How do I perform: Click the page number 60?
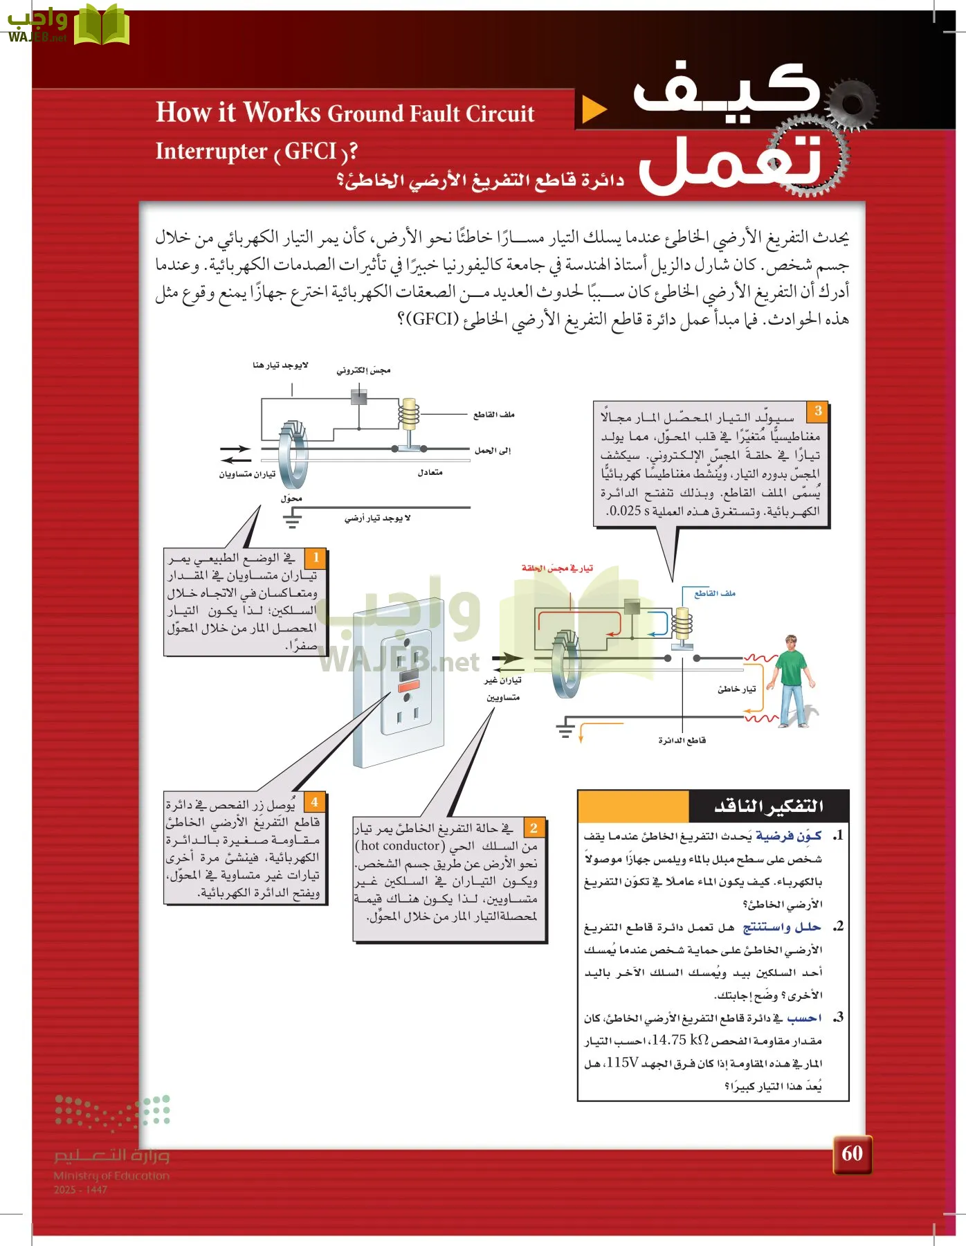(852, 1153)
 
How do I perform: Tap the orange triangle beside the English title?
(594, 109)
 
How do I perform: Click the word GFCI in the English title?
(310, 151)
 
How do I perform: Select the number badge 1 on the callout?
(316, 557)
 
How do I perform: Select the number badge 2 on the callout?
(534, 827)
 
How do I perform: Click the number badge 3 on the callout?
(817, 411)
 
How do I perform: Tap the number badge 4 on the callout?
(314, 802)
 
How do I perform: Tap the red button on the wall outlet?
(408, 687)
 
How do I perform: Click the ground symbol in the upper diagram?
(292, 520)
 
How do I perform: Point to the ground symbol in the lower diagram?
(565, 727)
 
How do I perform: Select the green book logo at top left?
(101, 26)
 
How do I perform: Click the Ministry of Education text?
(111, 1175)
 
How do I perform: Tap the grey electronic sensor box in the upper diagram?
(358, 397)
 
